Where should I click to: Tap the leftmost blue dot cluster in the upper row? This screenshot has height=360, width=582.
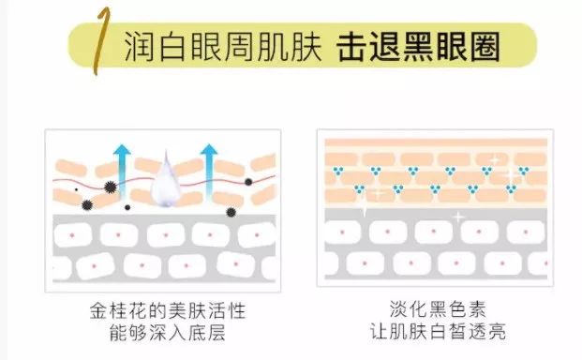point(336,171)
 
